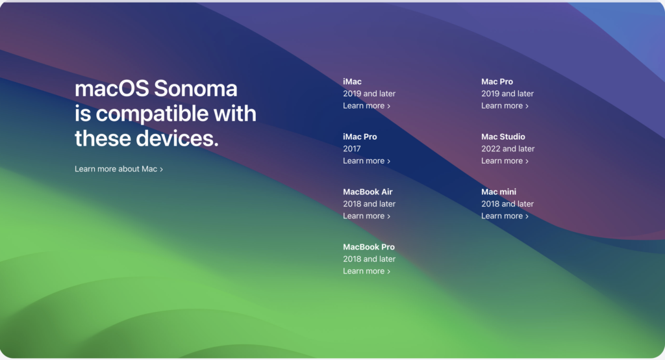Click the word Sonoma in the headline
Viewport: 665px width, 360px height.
[195, 88]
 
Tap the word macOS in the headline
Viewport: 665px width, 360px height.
[112, 88]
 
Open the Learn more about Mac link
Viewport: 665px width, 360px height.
[119, 169]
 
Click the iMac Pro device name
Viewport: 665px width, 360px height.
[360, 136]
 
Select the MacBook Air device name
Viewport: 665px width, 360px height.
[368, 192]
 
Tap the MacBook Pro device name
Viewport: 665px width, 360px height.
[369, 247]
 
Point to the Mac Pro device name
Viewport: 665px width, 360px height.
[497, 81]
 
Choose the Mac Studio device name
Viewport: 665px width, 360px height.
[503, 136]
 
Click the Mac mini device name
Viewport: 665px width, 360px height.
[499, 192]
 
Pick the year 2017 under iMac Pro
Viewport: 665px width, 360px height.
[351, 149]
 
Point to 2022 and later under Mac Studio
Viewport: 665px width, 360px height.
[508, 149]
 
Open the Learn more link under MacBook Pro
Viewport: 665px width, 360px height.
[366, 271]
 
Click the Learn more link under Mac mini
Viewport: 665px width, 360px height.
[505, 216]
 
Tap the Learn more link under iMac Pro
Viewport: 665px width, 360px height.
[366, 161]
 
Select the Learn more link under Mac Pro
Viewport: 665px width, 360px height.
[505, 106]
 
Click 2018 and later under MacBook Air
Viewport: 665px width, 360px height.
[369, 204]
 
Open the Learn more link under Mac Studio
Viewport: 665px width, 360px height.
[505, 161]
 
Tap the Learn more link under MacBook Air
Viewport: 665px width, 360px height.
[366, 216]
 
